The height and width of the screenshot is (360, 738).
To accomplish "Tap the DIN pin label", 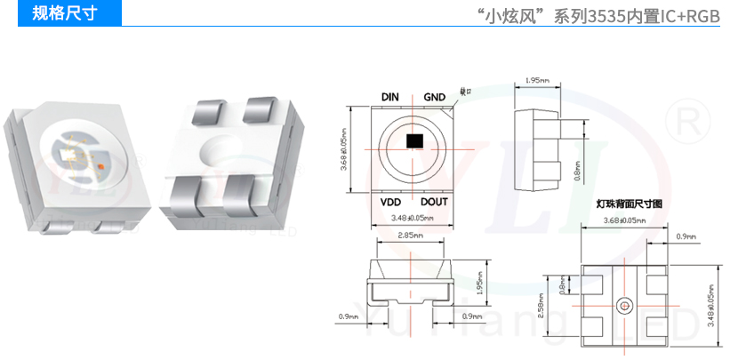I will [x=389, y=97].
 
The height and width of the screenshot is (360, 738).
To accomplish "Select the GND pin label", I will [x=434, y=97].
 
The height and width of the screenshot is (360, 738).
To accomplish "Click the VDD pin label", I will [x=390, y=202].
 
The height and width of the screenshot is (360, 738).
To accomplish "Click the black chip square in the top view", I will [x=412, y=140].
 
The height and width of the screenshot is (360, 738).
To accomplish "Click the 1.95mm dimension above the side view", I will [x=537, y=81].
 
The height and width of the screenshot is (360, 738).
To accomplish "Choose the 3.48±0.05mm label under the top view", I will [x=412, y=218].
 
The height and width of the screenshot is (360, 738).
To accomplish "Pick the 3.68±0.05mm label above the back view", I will [x=623, y=220].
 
